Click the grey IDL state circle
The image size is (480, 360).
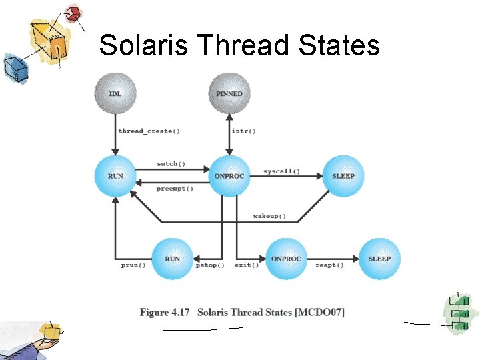pyautogui.click(x=115, y=93)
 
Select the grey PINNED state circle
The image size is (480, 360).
pyautogui.click(x=229, y=93)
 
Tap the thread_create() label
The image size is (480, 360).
pyautogui.click(x=149, y=131)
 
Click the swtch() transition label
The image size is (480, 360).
pyautogui.click(x=171, y=163)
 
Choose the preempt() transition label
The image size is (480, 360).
pyautogui.click(x=175, y=189)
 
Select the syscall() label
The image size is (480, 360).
pyautogui.click(x=281, y=171)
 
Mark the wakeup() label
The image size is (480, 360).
pyautogui.click(x=270, y=216)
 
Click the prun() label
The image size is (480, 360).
pyautogui.click(x=133, y=265)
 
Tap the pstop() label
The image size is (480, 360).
pyautogui.click(x=210, y=265)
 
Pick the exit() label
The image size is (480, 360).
pyautogui.click(x=247, y=265)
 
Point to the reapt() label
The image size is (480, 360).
pyautogui.click(x=329, y=265)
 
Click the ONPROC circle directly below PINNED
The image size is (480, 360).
pyautogui.click(x=229, y=176)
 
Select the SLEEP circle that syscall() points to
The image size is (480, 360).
pyautogui.click(x=343, y=176)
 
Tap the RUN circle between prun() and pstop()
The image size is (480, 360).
pyautogui.click(x=172, y=259)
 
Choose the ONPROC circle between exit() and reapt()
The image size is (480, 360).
pyautogui.click(x=286, y=259)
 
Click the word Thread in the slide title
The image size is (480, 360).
pyautogui.click(x=235, y=45)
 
